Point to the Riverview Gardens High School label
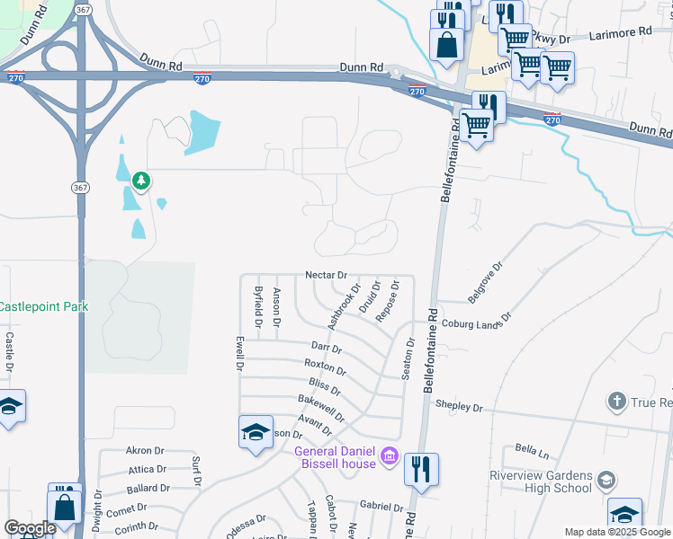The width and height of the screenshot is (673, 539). [x=541, y=482]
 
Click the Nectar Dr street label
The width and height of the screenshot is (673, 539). [x=327, y=274]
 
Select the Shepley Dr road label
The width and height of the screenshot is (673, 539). [x=459, y=407]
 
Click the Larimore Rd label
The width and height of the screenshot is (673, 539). [x=621, y=32]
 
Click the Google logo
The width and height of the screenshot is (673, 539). [x=30, y=528]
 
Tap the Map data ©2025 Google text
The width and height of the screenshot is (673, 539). [x=617, y=532]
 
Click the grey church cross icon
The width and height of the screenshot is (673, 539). [x=617, y=401]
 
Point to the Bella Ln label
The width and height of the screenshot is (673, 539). [x=532, y=447]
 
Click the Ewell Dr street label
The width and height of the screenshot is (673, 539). [x=240, y=354]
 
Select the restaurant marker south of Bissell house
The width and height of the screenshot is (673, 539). [x=420, y=468]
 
